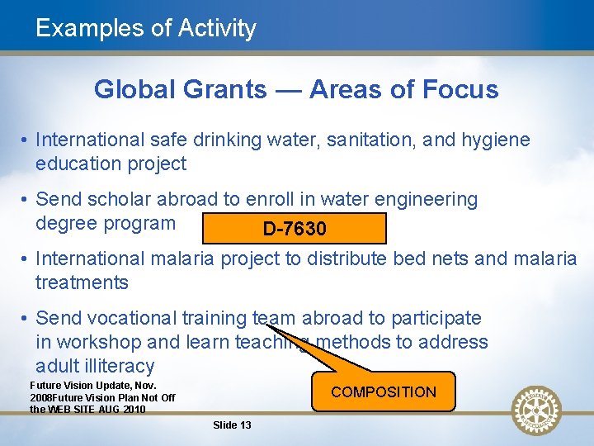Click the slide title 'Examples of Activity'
tap(146, 28)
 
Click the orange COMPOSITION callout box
tap(383, 391)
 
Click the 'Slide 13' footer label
tap(232, 425)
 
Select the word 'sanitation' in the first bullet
tap(371, 140)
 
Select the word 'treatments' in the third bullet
tap(82, 282)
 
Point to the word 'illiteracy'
tap(95, 366)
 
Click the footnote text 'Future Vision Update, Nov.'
tap(92, 386)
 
